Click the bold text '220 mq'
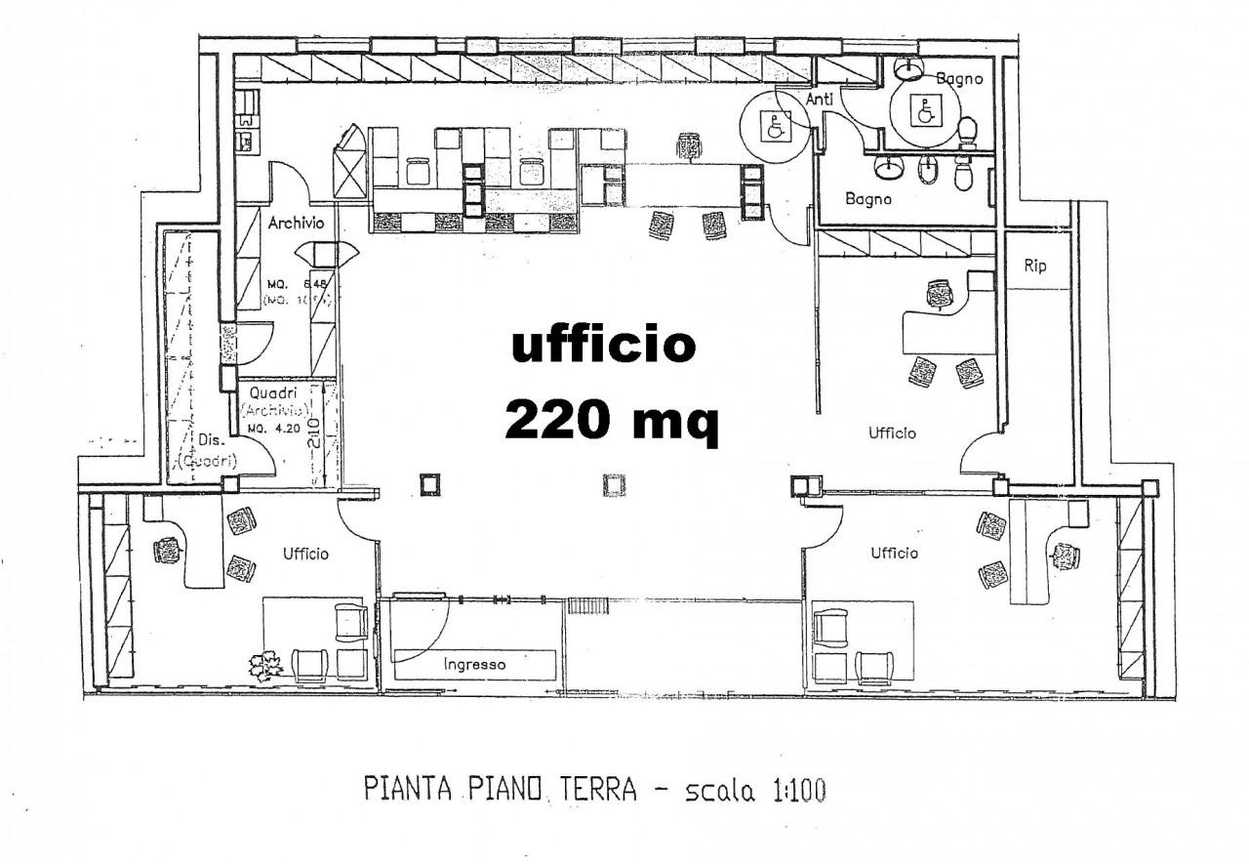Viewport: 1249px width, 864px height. coord(611,422)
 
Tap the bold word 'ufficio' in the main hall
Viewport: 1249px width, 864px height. coord(605,347)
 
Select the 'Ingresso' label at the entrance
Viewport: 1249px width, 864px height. coord(474,664)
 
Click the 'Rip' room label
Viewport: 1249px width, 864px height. coord(1035,266)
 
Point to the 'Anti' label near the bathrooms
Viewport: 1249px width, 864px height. coord(818,100)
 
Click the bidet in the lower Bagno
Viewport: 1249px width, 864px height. coord(927,170)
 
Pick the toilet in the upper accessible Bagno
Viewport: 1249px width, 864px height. coord(966,129)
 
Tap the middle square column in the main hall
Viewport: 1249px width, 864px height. coord(613,484)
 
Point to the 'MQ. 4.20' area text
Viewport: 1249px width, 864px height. coord(270,428)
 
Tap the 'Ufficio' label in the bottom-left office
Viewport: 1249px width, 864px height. coord(305,554)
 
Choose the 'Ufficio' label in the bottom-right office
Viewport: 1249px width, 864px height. coord(894,553)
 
